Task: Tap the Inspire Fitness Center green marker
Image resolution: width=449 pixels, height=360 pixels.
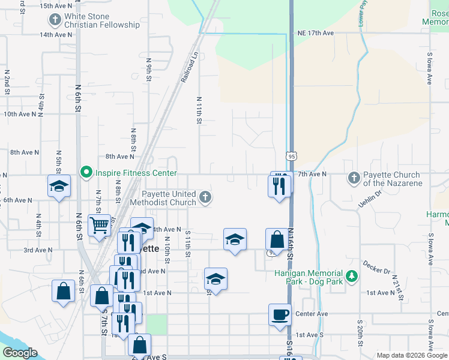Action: (x=85, y=173)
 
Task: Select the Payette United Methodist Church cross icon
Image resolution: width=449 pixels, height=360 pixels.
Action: (x=205, y=197)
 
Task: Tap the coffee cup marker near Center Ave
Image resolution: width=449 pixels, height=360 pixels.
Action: (x=279, y=314)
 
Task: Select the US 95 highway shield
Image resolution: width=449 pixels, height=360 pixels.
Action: (x=291, y=157)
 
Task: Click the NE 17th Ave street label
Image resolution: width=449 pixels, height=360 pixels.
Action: (x=315, y=34)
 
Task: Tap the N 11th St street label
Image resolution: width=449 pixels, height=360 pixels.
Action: (x=198, y=109)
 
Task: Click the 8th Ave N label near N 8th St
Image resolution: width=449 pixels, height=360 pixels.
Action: (x=120, y=157)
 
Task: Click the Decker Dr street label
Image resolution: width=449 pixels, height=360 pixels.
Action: (x=377, y=267)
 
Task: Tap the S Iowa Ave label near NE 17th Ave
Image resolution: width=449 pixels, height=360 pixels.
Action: (x=430, y=70)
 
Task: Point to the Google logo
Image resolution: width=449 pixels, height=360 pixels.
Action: (x=20, y=353)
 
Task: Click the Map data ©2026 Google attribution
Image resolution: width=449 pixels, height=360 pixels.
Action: (x=411, y=355)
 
